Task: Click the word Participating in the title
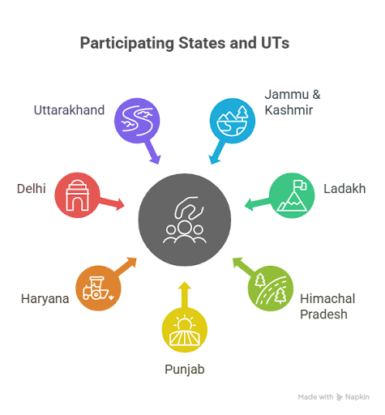127,44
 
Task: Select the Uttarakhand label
69,110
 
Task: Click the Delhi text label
32,189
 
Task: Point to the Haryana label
45,299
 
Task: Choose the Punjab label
185,370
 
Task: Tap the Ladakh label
344,189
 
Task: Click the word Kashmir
289,110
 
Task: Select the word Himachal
327,299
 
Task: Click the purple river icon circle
137,121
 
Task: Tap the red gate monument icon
77,195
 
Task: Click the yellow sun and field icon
185,330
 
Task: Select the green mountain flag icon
293,195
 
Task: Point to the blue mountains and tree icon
233,121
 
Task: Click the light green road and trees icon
271,289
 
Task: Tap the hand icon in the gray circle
189,208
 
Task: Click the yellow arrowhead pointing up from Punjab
185,286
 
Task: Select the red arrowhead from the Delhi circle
119,204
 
